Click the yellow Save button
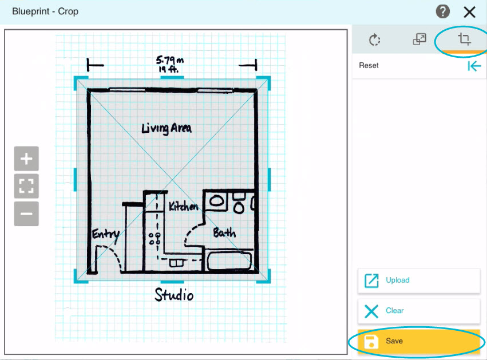[x=419, y=341]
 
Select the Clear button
[x=419, y=311]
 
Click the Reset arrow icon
[x=474, y=66]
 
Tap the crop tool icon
[x=464, y=39]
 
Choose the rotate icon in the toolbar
[x=375, y=39]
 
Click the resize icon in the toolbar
[x=419, y=39]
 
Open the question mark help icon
[x=442, y=12]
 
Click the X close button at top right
[x=469, y=13]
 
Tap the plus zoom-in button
[x=26, y=159]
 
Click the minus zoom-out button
[x=26, y=213]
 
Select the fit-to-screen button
[x=26, y=186]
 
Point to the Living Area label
[x=167, y=128]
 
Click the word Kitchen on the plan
[x=183, y=205]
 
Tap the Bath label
[x=224, y=232]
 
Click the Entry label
[x=106, y=235]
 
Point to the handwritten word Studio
[x=174, y=294]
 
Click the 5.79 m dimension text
[x=170, y=60]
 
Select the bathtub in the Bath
[x=229, y=261]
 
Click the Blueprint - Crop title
[x=45, y=11]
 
